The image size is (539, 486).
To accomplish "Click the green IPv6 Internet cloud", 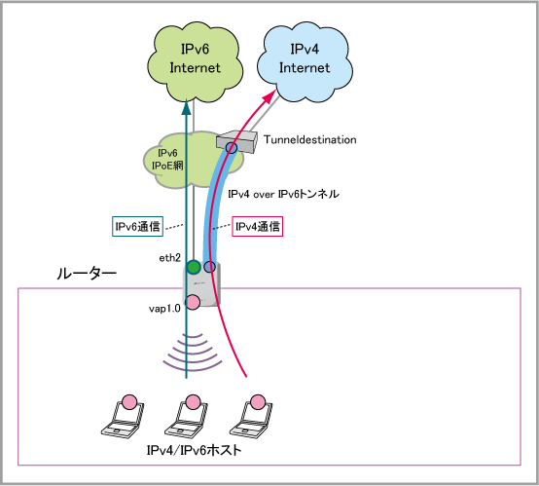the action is (x=195, y=62).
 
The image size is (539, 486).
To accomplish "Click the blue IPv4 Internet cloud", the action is (x=305, y=62).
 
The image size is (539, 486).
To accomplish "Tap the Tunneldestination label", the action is (x=310, y=139).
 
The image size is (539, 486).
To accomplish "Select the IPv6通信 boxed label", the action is (x=137, y=226).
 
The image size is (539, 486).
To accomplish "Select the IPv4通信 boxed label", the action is (x=258, y=226).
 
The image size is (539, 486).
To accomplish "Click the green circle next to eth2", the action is (x=194, y=267).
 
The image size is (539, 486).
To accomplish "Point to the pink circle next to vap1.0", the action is (x=193, y=302).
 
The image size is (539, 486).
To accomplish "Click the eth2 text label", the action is (x=170, y=258).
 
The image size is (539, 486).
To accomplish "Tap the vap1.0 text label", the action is (x=164, y=309).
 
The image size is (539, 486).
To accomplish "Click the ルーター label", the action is (x=87, y=274).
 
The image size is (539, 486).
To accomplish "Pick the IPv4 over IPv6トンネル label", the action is (x=283, y=194).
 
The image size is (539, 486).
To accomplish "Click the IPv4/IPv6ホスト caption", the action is (x=195, y=450).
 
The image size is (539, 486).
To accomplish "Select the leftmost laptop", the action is (x=123, y=417).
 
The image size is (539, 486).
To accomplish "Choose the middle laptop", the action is (x=187, y=417).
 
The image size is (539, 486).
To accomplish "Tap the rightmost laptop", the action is (x=251, y=417).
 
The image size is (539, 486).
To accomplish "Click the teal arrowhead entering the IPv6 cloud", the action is (x=186, y=107).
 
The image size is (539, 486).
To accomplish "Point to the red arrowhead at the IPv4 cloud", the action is (x=269, y=95).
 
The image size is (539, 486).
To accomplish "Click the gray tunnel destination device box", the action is (x=236, y=141).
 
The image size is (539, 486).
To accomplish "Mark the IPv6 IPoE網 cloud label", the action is (x=167, y=160).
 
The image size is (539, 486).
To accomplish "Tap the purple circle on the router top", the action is (x=210, y=267).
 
